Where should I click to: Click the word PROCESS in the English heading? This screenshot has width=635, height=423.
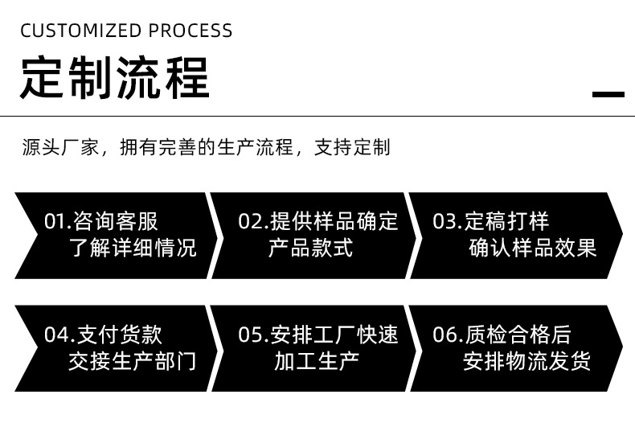pos(190,31)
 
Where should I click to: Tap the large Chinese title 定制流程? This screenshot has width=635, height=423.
pos(115,78)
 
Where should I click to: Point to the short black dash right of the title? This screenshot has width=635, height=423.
pos(608,94)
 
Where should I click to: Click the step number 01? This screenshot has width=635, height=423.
pos(54,221)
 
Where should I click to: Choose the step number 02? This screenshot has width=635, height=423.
pos(251,221)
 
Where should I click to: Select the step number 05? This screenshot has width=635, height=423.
pos(251,334)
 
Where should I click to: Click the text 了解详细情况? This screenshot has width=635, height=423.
pos(132,247)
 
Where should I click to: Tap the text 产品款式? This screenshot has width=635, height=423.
pos(310,247)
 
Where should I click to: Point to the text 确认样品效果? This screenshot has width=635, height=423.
pos(532,247)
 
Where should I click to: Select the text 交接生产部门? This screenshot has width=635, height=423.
pos(132,360)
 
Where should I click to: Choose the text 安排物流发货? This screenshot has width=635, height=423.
pos(526,360)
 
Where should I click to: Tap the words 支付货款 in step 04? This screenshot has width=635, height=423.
pos(120,334)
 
